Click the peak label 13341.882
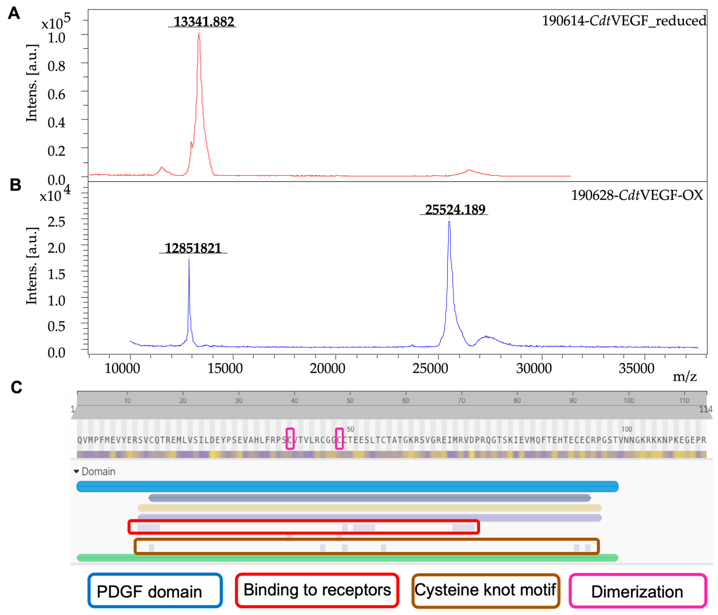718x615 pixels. click(x=204, y=21)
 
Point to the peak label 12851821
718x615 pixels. click(x=193, y=248)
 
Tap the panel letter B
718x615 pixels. click(x=15, y=185)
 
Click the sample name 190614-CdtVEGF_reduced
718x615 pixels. click(x=624, y=21)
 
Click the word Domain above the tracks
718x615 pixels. click(x=98, y=472)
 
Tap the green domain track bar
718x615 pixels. click(x=346, y=558)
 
